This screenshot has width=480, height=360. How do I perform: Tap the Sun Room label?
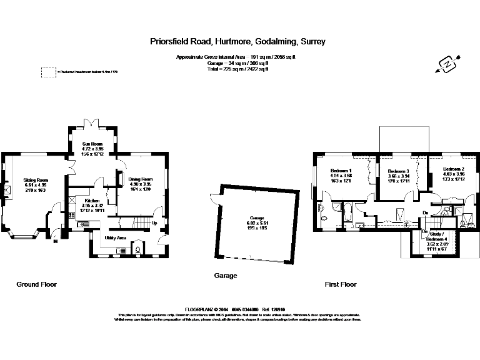click(92, 144)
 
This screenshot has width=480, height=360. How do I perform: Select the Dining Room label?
click(141, 180)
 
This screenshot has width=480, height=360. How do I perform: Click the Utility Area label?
click(117, 238)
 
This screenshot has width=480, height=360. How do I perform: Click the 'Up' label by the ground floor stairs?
click(154, 222)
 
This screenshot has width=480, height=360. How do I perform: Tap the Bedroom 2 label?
click(454, 169)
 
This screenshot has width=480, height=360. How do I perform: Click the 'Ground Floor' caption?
click(36, 284)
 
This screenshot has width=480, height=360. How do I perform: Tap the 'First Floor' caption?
click(341, 284)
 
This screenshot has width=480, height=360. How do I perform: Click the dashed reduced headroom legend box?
click(47, 72)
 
